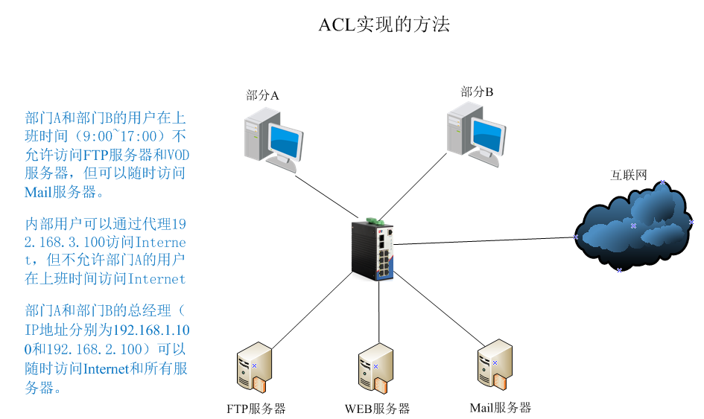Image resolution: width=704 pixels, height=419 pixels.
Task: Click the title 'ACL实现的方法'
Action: [384, 25]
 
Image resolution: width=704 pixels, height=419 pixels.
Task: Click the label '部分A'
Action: [262, 95]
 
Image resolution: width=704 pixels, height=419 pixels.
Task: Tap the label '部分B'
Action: [477, 92]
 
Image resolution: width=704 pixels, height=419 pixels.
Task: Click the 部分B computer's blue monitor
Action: [488, 136]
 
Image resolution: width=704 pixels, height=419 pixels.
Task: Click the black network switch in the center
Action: [372, 250]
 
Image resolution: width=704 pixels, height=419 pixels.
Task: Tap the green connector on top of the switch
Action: [375, 221]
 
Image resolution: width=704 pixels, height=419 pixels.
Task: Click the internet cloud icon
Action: [634, 227]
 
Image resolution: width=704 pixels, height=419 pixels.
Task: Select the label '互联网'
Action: [629, 175]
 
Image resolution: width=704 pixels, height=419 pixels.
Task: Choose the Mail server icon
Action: [495, 365]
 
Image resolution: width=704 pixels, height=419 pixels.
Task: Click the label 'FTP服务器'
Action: [256, 409]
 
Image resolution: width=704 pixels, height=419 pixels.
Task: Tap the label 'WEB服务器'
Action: [377, 409]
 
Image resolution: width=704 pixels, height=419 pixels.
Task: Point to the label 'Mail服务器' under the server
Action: [500, 408]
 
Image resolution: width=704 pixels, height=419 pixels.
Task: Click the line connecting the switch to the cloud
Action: [484, 241]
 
